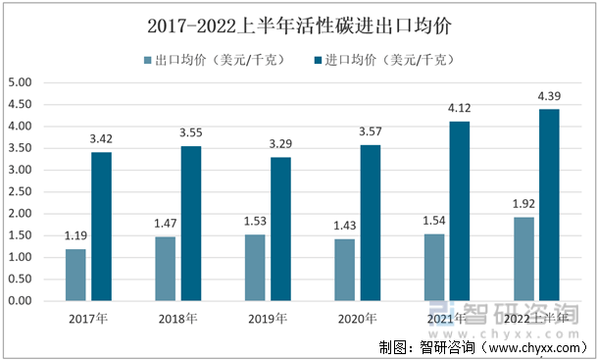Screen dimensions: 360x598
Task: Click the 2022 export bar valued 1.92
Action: pos(523,259)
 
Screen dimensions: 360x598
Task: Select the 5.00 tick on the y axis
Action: pos(20,82)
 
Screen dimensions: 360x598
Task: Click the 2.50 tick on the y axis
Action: pos(20,191)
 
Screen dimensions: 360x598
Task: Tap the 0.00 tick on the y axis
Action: pos(20,301)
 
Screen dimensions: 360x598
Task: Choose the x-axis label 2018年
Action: pos(177,319)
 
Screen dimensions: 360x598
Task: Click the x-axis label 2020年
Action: pos(358,319)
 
